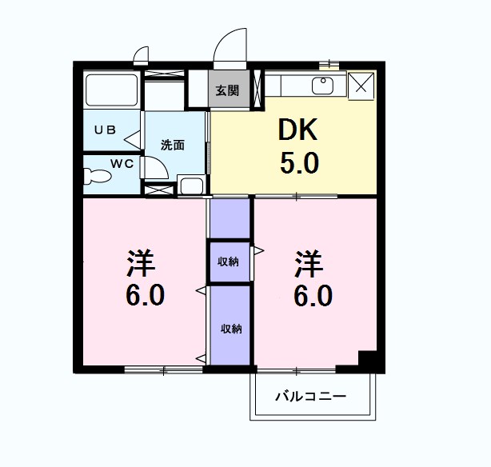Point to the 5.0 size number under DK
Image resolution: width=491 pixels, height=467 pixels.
tap(299, 163)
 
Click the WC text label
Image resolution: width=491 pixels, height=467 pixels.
tap(121, 163)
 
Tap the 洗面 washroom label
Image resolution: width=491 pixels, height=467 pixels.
tap(173, 146)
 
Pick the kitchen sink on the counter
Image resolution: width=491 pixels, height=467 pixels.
tap(324, 83)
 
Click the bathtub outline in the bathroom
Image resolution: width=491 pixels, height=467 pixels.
tap(111, 90)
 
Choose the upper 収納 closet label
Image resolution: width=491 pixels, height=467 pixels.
tap(230, 261)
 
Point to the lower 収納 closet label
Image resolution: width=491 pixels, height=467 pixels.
tap(230, 329)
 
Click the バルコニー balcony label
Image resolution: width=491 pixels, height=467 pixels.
tap(311, 397)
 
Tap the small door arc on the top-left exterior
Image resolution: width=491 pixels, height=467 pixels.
tap(141, 54)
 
